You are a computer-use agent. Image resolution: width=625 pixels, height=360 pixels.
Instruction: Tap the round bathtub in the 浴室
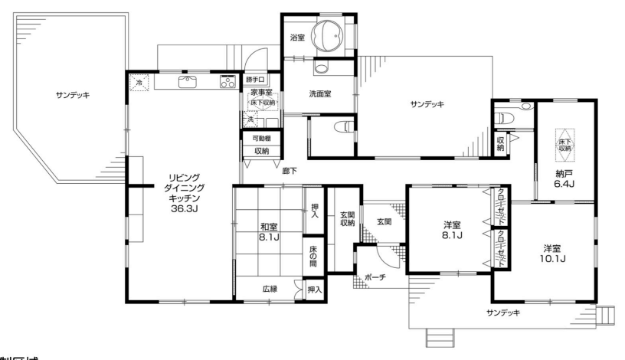332,34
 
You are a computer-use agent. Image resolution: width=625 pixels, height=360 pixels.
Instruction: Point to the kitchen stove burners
227,83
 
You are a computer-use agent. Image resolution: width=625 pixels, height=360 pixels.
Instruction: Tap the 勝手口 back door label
254,79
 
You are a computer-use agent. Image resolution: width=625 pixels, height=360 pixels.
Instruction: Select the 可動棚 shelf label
261,139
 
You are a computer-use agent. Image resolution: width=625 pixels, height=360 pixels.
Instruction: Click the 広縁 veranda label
270,289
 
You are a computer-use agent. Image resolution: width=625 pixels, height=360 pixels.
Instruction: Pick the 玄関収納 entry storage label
347,218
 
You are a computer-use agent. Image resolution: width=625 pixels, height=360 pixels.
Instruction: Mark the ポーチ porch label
375,277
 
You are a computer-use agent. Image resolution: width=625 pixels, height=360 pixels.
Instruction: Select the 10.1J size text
553,259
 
